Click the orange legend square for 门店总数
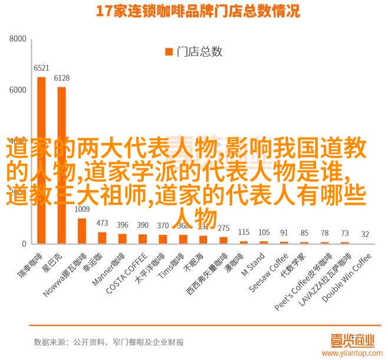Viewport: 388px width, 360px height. pyautogui.click(x=168, y=52)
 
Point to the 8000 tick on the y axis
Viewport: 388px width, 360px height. pyautogui.click(x=18, y=39)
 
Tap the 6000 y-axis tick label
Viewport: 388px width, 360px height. pyautogui.click(x=18, y=90)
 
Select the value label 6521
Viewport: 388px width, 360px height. pyautogui.click(x=41, y=68)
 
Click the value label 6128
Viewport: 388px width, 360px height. pyautogui.click(x=61, y=78)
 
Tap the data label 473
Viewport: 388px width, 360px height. pyautogui.click(x=102, y=223)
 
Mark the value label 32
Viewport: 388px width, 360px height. pyautogui.click(x=366, y=234)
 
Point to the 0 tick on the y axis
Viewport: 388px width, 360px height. pyautogui.click(x=24, y=244)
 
